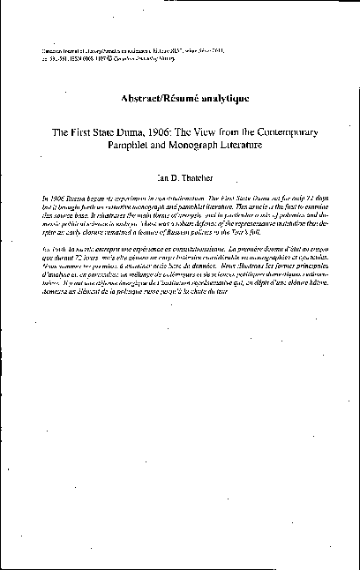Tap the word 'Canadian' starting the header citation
tap(54, 52)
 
